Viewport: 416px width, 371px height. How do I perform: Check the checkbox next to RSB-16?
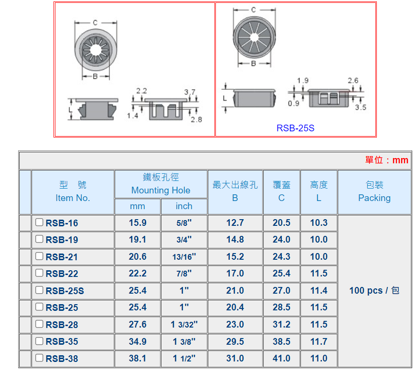pos(39,222)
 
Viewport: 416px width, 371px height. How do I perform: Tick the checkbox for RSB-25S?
pos(39,290)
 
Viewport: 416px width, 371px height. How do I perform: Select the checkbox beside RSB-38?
pos(39,358)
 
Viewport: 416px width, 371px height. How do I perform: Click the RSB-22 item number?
pos(62,274)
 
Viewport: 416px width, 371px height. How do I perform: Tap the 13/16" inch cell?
pos(184,257)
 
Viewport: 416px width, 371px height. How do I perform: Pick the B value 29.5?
pos(235,341)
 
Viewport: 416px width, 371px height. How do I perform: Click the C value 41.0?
pos(281,358)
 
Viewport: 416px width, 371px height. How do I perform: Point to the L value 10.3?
pos(319,223)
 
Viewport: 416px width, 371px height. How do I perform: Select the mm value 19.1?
pos(138,240)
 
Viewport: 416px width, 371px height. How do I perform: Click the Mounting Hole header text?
pos(161,191)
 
